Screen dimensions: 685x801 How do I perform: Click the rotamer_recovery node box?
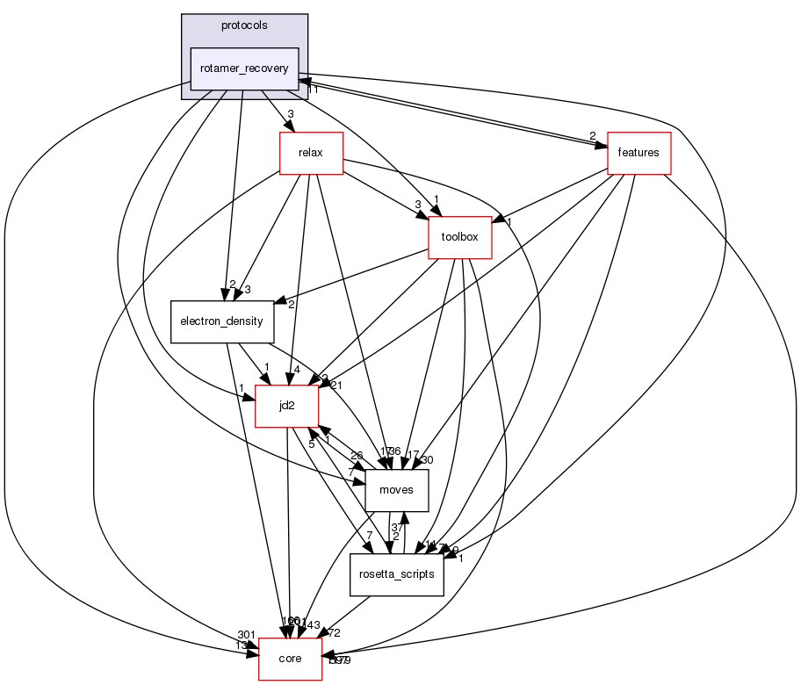point(245,68)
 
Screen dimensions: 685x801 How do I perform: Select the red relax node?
point(311,153)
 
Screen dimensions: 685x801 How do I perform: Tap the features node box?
point(639,153)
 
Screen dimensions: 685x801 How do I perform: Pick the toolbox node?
point(459,237)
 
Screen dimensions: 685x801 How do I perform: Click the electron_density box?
point(222,321)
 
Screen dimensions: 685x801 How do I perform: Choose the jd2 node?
point(286,406)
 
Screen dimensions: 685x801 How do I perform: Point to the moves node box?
point(396,490)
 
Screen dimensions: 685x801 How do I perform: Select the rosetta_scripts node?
point(396,574)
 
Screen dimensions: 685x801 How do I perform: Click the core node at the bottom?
point(290,659)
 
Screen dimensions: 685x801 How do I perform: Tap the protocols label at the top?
point(245,25)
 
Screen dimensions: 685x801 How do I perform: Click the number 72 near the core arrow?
point(334,632)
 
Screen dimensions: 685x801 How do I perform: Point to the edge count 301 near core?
point(246,635)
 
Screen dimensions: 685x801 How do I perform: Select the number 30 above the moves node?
point(429,460)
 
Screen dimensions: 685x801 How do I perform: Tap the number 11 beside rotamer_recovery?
point(312,90)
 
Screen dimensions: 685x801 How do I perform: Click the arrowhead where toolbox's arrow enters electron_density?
point(281,304)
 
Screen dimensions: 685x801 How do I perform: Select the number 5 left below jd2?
point(310,443)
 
